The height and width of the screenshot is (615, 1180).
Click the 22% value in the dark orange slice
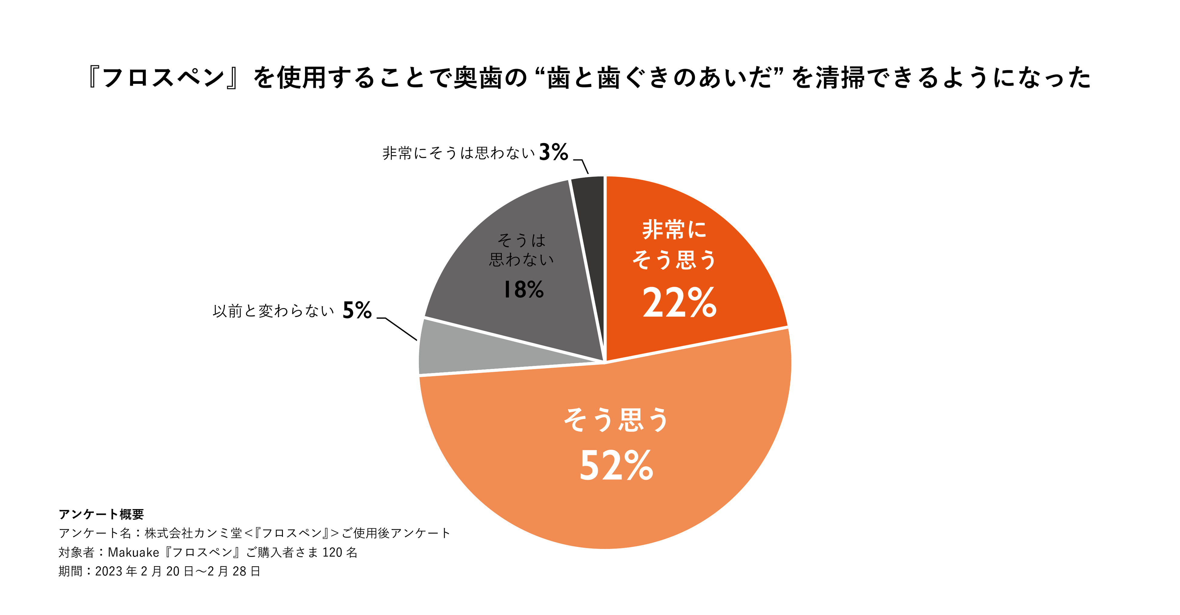click(679, 303)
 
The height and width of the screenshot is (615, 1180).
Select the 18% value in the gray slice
click(523, 290)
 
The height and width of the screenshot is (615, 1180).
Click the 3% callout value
click(553, 152)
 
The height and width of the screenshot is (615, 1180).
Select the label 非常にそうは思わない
click(458, 153)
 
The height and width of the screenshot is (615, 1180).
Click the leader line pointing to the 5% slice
click(399, 328)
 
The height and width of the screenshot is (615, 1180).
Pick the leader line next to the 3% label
click(584, 166)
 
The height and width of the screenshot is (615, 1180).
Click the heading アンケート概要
click(101, 514)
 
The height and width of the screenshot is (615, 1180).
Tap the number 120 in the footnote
click(332, 553)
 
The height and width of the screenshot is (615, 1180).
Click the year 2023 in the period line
click(109, 571)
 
